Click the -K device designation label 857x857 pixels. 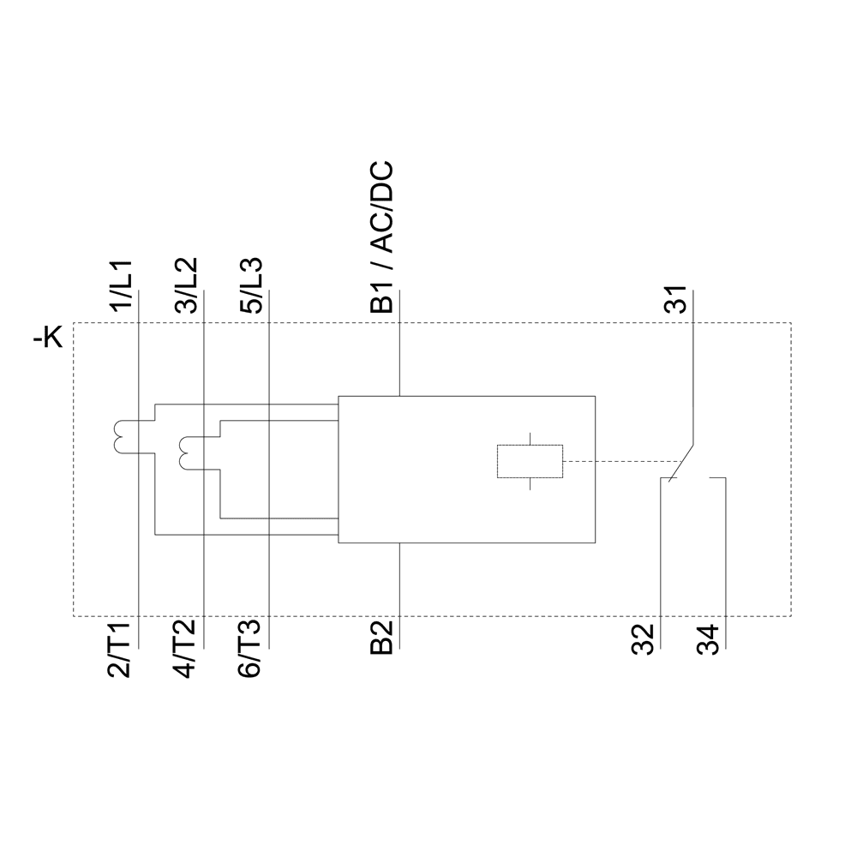click(48, 340)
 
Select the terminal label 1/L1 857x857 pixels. click(121, 285)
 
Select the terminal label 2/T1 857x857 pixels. click(121, 650)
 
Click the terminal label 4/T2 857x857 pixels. click(186, 650)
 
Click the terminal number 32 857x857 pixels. click(644, 639)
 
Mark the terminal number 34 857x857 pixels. click(709, 639)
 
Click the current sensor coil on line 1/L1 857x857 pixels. click(117, 435)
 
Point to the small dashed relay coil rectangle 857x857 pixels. click(530, 461)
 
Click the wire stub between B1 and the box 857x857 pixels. click(400, 360)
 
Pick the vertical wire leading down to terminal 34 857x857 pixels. click(727, 548)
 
